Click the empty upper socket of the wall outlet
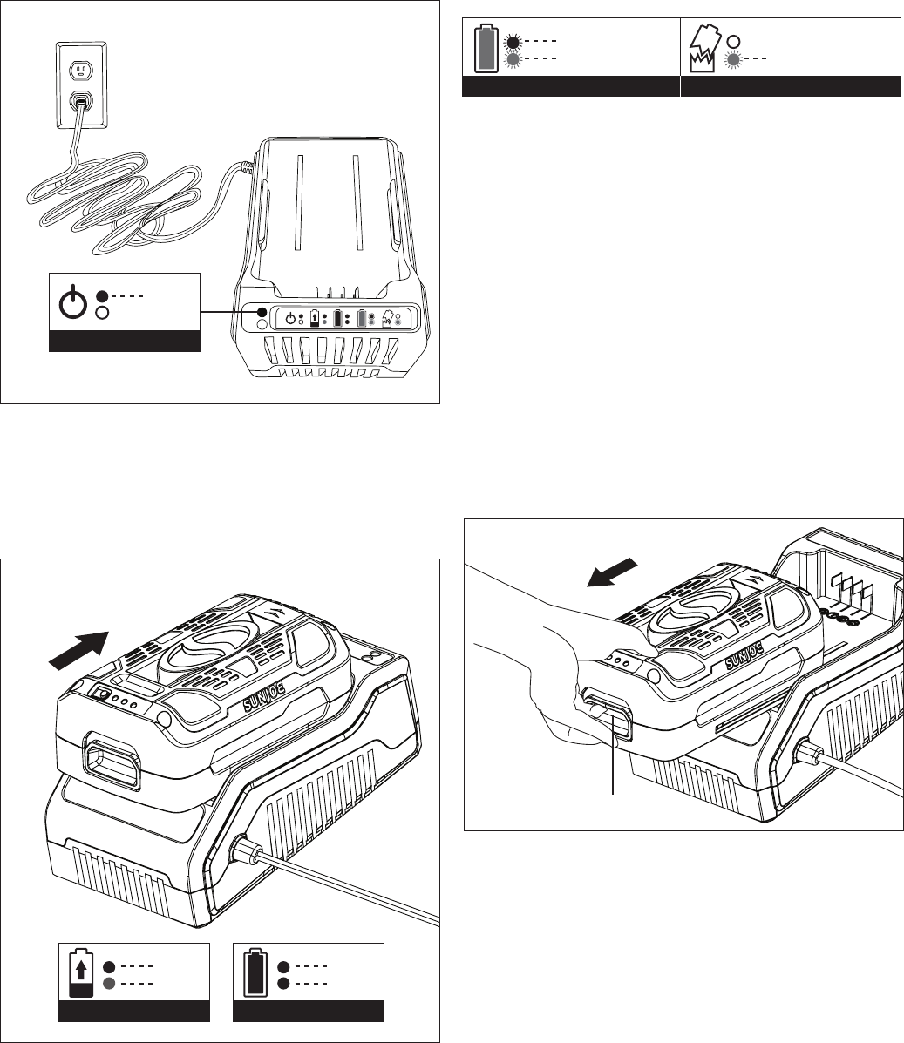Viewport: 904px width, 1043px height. tap(80, 69)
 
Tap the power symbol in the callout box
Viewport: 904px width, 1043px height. tap(72, 302)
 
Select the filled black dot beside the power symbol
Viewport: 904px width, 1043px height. tap(102, 296)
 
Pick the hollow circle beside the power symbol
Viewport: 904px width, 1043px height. tap(102, 313)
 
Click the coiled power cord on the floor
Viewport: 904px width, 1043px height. tap(126, 200)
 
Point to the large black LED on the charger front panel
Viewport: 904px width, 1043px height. tap(262, 312)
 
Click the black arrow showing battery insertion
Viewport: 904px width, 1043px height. tap(78, 649)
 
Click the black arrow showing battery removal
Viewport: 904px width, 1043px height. tap(612, 572)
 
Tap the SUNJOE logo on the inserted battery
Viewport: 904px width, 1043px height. tap(264, 696)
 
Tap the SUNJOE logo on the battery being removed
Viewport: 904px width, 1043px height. tap(744, 655)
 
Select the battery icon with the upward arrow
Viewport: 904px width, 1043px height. tap(81, 972)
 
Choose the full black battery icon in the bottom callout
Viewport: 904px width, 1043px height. tap(255, 972)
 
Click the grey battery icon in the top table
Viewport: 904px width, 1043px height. tap(486, 49)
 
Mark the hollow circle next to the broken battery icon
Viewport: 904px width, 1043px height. tap(733, 41)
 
